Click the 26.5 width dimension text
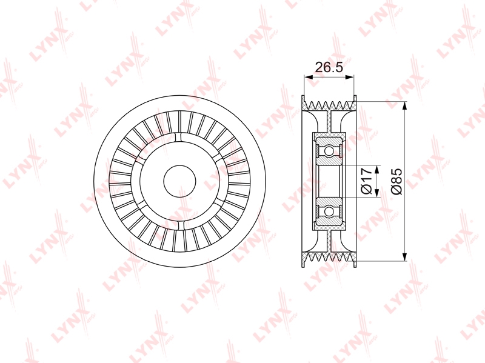pos(329,67)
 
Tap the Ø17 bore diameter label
pos(367,181)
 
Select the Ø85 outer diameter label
pos(396,181)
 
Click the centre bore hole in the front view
pos(179,182)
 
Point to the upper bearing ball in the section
pos(329,151)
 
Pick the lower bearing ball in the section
pos(329,211)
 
